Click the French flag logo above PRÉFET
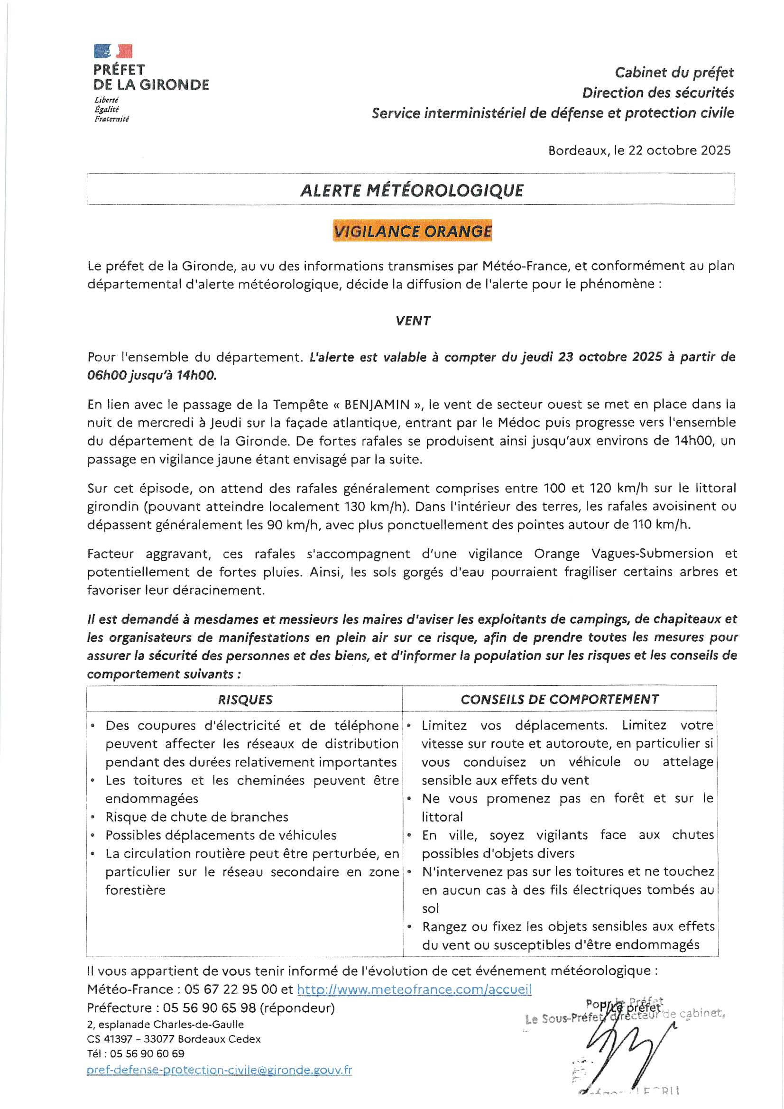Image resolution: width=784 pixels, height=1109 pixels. (x=113, y=51)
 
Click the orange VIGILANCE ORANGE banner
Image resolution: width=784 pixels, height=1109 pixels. (x=412, y=231)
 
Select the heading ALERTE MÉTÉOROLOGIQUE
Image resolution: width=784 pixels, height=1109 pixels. (x=412, y=190)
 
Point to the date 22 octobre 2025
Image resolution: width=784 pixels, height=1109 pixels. (x=679, y=150)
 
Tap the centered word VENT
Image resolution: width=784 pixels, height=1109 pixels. (x=413, y=321)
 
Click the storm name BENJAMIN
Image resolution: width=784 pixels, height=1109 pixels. (x=377, y=404)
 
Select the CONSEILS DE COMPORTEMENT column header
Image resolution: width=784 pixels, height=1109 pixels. (x=559, y=699)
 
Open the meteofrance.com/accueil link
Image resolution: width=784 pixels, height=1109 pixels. (x=414, y=989)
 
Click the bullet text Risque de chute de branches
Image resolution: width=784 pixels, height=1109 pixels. (x=197, y=817)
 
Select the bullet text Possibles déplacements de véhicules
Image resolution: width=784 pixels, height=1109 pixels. (x=221, y=835)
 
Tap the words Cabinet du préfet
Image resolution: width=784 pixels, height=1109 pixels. (x=674, y=73)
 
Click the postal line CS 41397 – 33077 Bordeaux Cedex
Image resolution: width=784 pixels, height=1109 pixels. (x=174, y=1039)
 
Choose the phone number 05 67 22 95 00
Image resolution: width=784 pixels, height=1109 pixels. (x=231, y=989)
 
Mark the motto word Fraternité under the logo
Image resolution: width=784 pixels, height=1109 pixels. (x=111, y=119)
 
